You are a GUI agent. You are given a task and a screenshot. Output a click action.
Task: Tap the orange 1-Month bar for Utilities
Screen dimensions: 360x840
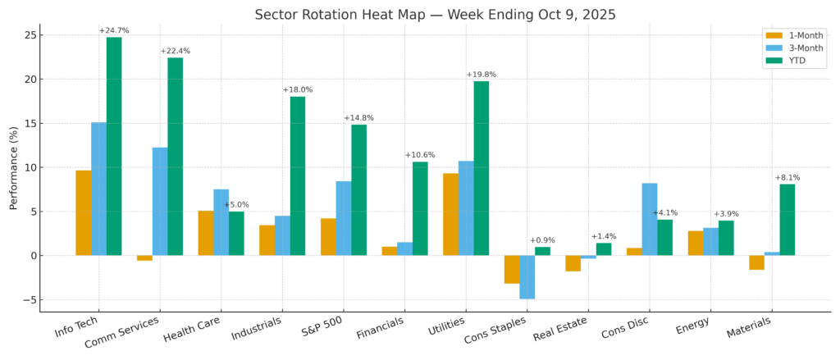click(450, 214)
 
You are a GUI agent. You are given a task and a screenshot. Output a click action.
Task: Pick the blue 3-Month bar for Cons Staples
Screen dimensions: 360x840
click(527, 277)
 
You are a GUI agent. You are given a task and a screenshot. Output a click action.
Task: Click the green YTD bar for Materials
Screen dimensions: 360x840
click(787, 220)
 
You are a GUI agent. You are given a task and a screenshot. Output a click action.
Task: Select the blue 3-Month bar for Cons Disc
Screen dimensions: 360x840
click(650, 219)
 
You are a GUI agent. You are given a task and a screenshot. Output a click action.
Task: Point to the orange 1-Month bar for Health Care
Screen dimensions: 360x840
click(206, 233)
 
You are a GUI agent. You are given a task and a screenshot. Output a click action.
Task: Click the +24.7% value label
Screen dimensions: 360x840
click(114, 31)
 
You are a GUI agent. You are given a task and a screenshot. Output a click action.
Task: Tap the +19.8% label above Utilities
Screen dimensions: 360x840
click(482, 75)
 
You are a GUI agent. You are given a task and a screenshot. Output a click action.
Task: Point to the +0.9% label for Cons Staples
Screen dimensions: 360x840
click(542, 240)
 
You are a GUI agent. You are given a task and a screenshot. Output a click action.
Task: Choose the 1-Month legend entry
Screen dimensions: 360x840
click(796, 34)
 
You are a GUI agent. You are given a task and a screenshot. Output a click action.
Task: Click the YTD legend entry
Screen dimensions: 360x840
click(791, 61)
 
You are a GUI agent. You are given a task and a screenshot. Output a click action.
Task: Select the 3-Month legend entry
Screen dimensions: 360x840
click(796, 48)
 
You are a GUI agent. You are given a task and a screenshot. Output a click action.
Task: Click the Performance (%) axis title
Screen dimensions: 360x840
click(14, 167)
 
